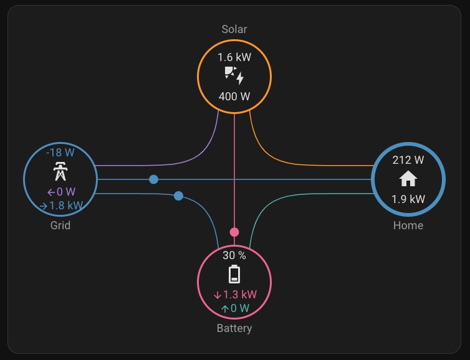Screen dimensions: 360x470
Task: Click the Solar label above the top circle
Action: click(x=234, y=29)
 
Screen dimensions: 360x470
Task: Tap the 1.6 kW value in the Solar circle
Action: click(x=234, y=57)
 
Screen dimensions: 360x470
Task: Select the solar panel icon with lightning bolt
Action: click(x=234, y=76)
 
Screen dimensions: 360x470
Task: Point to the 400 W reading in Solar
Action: click(x=234, y=97)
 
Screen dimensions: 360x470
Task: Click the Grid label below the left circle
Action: click(x=60, y=225)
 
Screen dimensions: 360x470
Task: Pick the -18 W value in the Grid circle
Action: click(x=60, y=152)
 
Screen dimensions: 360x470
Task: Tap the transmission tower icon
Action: click(x=60, y=171)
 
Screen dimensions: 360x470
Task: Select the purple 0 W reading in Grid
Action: click(x=61, y=192)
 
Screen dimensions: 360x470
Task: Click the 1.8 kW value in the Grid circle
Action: click(x=61, y=206)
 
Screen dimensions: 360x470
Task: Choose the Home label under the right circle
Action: click(x=408, y=225)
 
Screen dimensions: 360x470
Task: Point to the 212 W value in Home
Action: click(x=408, y=159)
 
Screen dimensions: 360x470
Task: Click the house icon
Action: click(x=408, y=179)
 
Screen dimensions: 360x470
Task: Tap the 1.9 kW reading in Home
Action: click(x=408, y=199)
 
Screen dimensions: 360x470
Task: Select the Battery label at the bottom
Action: click(x=234, y=328)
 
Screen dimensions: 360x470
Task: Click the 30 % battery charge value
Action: click(x=234, y=255)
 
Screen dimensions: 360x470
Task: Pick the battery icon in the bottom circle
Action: click(x=234, y=274)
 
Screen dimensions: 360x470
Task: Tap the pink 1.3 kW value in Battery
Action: click(x=235, y=295)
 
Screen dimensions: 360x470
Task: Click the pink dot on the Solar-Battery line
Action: click(x=234, y=232)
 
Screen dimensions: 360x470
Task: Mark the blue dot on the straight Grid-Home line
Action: click(x=153, y=179)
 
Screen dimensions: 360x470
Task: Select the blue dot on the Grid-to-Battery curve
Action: click(x=178, y=196)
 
